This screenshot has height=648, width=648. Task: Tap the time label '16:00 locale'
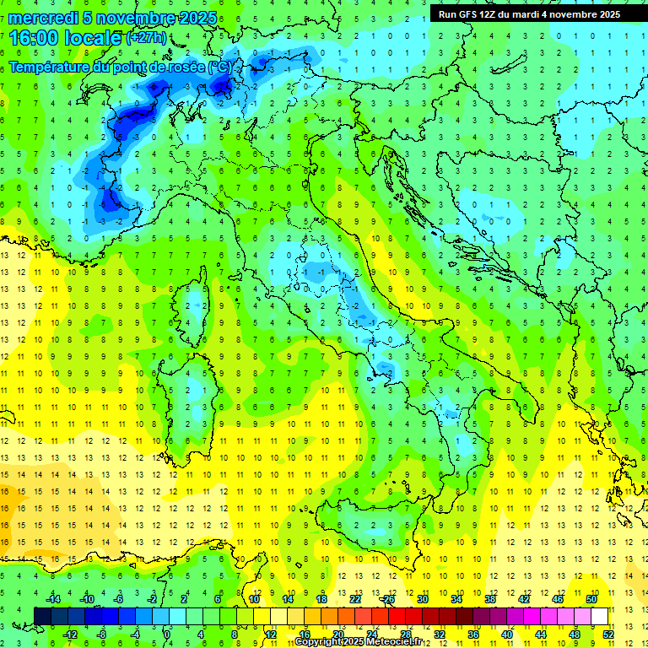pyautogui.click(x=66, y=38)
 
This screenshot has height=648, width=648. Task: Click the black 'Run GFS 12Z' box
pyautogui.click(x=529, y=13)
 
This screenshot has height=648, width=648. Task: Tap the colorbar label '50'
pyautogui.click(x=591, y=599)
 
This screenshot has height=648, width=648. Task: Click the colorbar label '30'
pyautogui.click(x=422, y=599)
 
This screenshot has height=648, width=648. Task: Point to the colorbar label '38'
pyautogui.click(x=489, y=599)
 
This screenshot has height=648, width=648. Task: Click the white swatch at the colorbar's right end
pyautogui.click(x=599, y=616)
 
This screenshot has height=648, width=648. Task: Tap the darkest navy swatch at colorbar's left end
pyautogui.click(x=42, y=616)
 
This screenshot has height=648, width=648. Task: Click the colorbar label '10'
pyautogui.click(x=253, y=599)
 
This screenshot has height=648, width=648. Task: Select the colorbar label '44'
pyautogui.click(x=541, y=634)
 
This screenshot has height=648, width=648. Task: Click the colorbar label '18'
pyautogui.click(x=321, y=599)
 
